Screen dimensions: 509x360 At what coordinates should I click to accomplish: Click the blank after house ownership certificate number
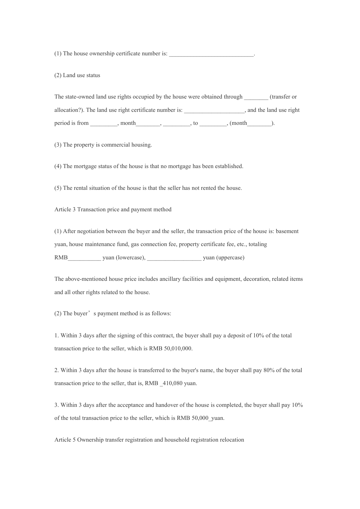pyautogui.click(x=211, y=54)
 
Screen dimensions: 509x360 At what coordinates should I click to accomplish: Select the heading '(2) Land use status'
pyautogui.click(x=77, y=75)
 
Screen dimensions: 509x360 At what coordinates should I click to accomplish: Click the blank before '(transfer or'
pyautogui.click(x=256, y=97)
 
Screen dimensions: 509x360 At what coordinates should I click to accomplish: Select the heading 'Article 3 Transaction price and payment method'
pyautogui.click(x=113, y=209)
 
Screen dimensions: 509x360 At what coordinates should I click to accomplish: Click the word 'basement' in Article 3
pyautogui.click(x=287, y=231)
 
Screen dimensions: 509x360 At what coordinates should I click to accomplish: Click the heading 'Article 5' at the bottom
pyautogui.click(x=65, y=440)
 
